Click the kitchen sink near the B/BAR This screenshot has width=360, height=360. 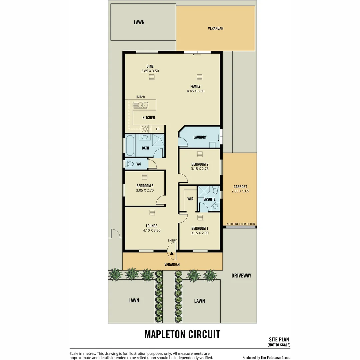(x=140, y=105)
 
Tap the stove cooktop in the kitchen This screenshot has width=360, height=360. (x=145, y=129)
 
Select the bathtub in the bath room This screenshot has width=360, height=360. (x=130, y=146)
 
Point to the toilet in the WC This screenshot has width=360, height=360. (x=130, y=164)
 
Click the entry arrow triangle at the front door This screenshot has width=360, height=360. (x=172, y=253)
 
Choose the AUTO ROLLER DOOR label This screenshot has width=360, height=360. (x=241, y=224)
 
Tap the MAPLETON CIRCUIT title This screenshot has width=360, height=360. (x=182, y=334)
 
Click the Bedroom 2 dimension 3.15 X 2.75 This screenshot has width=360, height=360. (x=200, y=169)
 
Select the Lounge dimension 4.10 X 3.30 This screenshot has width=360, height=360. (x=152, y=230)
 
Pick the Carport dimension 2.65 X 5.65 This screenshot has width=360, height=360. (x=240, y=191)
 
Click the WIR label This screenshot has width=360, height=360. (x=190, y=199)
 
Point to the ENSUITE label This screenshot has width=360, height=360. (x=209, y=199)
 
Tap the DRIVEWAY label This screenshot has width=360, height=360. (x=241, y=276)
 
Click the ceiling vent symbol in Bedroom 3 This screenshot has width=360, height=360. (x=145, y=177)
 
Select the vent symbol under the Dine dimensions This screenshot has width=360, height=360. (x=152, y=77)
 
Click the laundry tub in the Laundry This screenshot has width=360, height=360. (x=212, y=145)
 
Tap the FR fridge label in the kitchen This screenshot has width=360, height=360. (x=158, y=129)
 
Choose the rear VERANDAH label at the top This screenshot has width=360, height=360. (x=216, y=28)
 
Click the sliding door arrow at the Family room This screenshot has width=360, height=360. (x=197, y=55)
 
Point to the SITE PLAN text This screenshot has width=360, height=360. (x=279, y=339)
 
